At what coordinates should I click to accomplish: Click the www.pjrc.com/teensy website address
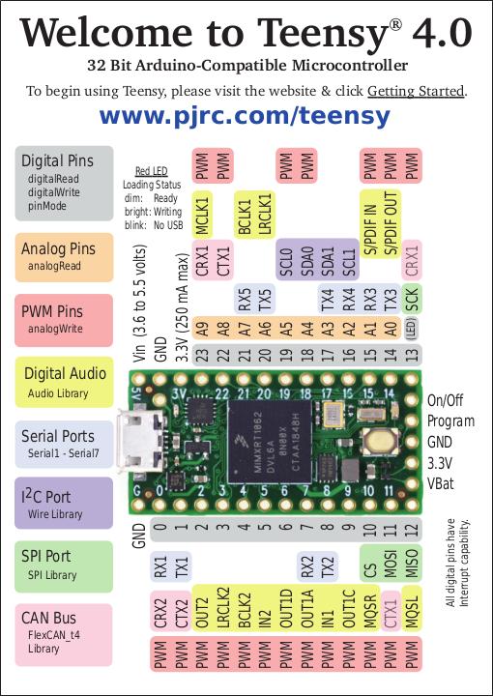(x=246, y=117)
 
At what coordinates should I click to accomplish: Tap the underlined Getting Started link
(x=416, y=92)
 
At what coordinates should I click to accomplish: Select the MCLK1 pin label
(x=202, y=214)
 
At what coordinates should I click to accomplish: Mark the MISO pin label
(x=412, y=565)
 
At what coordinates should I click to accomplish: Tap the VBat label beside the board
(x=442, y=481)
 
